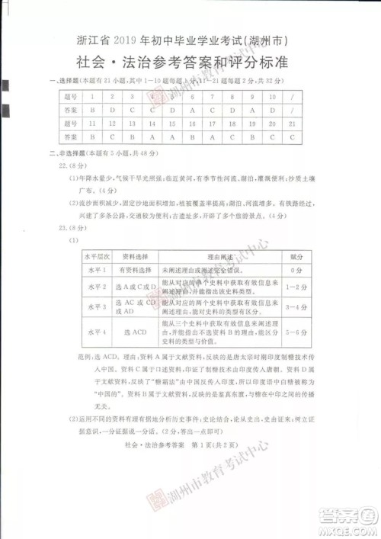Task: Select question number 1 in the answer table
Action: [91, 98]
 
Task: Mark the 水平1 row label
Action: [97, 270]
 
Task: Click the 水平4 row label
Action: [97, 333]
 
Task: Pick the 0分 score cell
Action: [296, 270]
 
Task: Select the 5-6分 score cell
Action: [296, 333]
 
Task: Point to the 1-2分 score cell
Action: [296, 286]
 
